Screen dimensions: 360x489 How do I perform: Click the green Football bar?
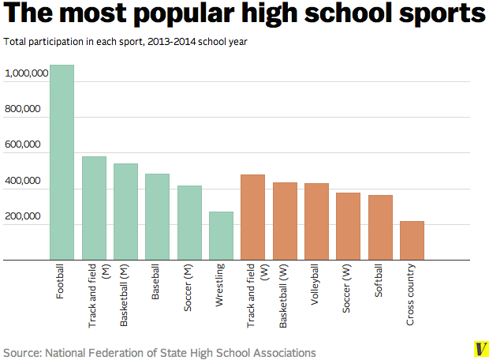click(62, 162)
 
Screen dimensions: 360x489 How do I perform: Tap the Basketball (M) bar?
click(125, 212)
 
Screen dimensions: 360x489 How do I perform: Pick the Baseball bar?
click(157, 216)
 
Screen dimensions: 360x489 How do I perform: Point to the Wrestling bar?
click(221, 235)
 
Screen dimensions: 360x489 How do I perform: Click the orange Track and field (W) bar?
click(252, 217)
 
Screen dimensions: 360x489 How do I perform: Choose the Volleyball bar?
click(316, 221)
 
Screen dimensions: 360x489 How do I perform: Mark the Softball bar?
click(380, 227)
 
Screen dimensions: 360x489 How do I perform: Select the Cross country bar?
click(412, 240)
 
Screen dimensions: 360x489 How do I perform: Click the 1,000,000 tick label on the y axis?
click(27, 73)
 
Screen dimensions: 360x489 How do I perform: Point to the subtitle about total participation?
click(126, 41)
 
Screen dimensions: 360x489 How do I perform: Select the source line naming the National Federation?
click(159, 352)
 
